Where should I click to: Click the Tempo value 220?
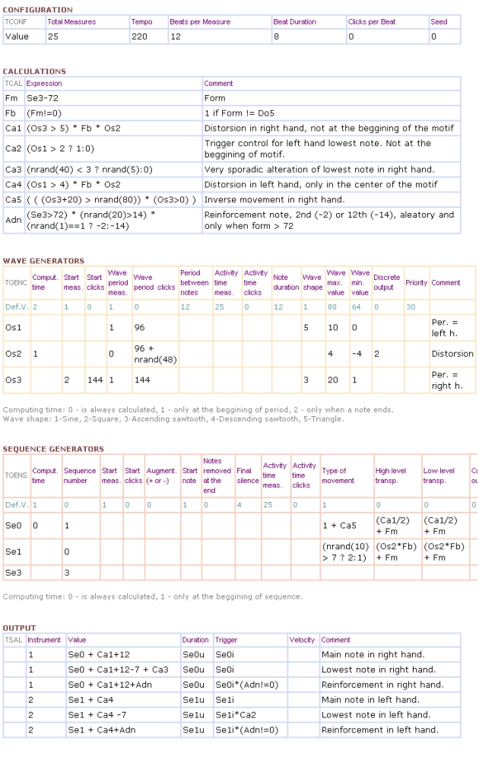click(x=140, y=36)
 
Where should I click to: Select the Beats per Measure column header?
click(x=200, y=22)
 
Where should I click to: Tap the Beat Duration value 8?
click(x=276, y=36)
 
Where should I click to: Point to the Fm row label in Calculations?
click(x=11, y=98)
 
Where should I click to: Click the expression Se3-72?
click(x=42, y=98)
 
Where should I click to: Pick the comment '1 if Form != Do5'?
click(x=239, y=113)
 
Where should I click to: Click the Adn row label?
click(x=12, y=220)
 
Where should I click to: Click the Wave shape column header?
click(x=312, y=282)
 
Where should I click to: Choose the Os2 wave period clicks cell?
click(x=154, y=354)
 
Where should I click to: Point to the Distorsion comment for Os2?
click(x=452, y=354)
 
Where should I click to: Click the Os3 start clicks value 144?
click(x=94, y=380)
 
